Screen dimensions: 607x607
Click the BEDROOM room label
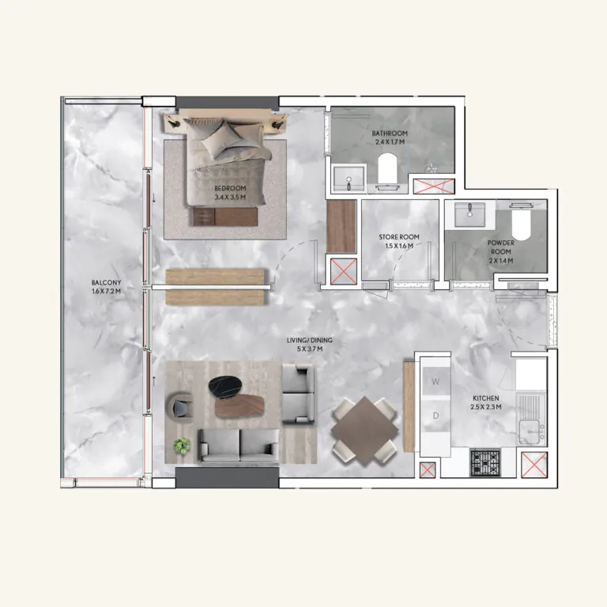coord(230,189)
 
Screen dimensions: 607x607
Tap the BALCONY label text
coord(106,282)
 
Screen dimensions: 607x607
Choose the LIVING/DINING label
coord(310,341)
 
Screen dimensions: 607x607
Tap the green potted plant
coord(183,445)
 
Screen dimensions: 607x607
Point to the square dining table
coord(364,431)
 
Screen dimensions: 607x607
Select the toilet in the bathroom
coord(386,172)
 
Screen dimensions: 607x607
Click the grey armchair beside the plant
coord(182,406)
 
